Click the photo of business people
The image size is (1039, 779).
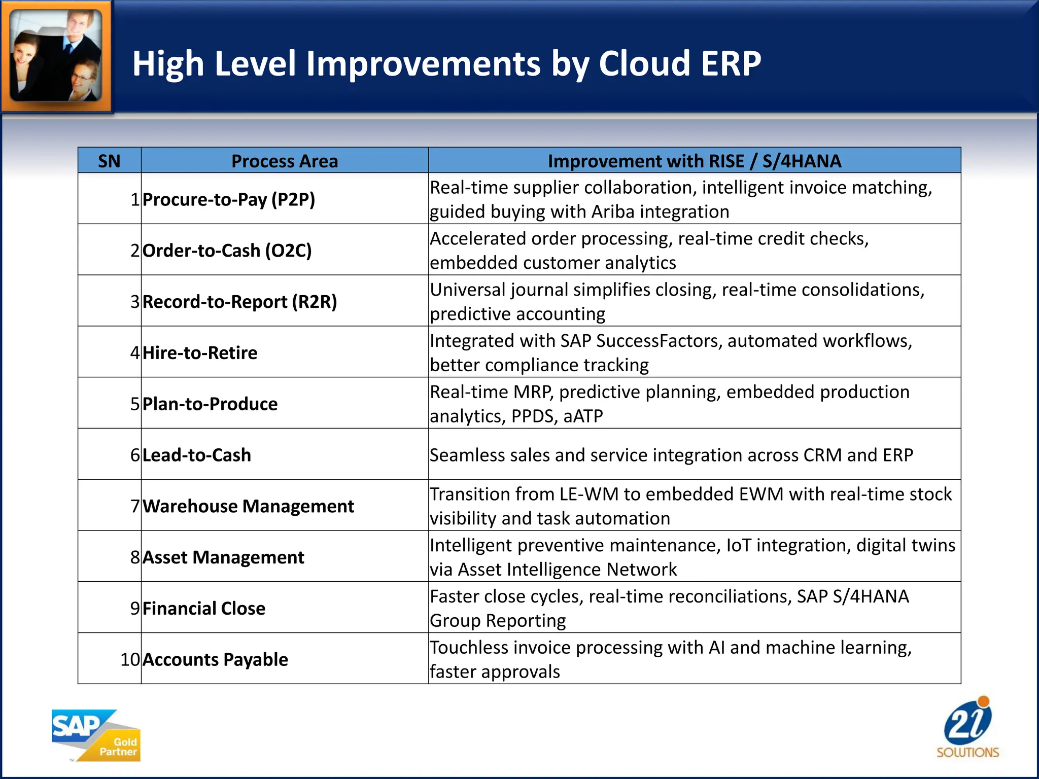coord(56,55)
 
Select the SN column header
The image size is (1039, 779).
coord(109,161)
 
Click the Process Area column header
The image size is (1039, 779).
coord(285,161)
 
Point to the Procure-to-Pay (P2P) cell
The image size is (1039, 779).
coord(229,199)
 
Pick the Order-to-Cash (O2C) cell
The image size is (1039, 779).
coord(227,251)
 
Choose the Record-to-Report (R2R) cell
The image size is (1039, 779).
coord(240,302)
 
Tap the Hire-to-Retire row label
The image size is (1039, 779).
coord(200,353)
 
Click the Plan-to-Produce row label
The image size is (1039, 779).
coord(210,404)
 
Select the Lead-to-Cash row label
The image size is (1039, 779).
coord(197,455)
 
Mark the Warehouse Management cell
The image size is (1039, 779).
coord(248,506)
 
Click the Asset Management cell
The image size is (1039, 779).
coord(223,557)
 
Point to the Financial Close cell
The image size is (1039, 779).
coord(204,609)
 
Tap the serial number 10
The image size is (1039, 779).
coord(130,660)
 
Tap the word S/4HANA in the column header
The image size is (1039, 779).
coord(802,161)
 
